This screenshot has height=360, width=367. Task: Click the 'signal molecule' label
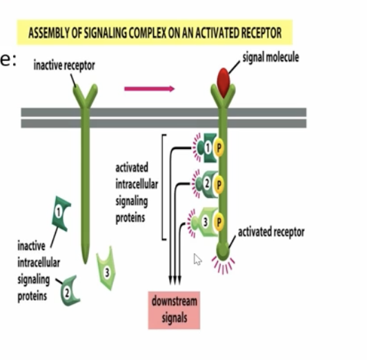(271, 57)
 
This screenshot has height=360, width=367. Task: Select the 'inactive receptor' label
(64, 66)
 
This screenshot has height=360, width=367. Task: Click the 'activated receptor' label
(270, 232)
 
